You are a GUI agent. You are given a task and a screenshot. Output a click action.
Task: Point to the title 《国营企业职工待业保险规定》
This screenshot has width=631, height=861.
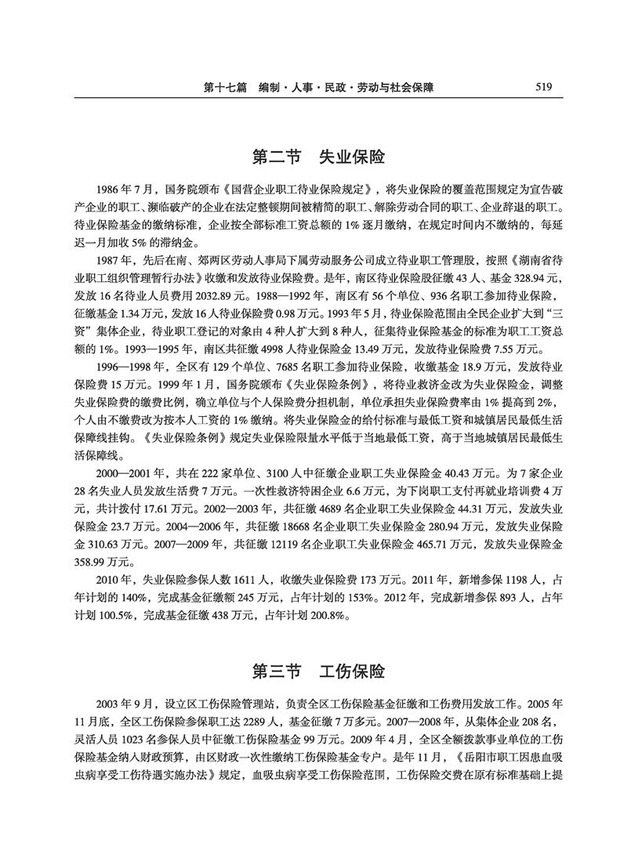[x=298, y=189]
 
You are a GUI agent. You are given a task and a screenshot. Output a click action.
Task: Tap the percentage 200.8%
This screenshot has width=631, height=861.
[x=325, y=615]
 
